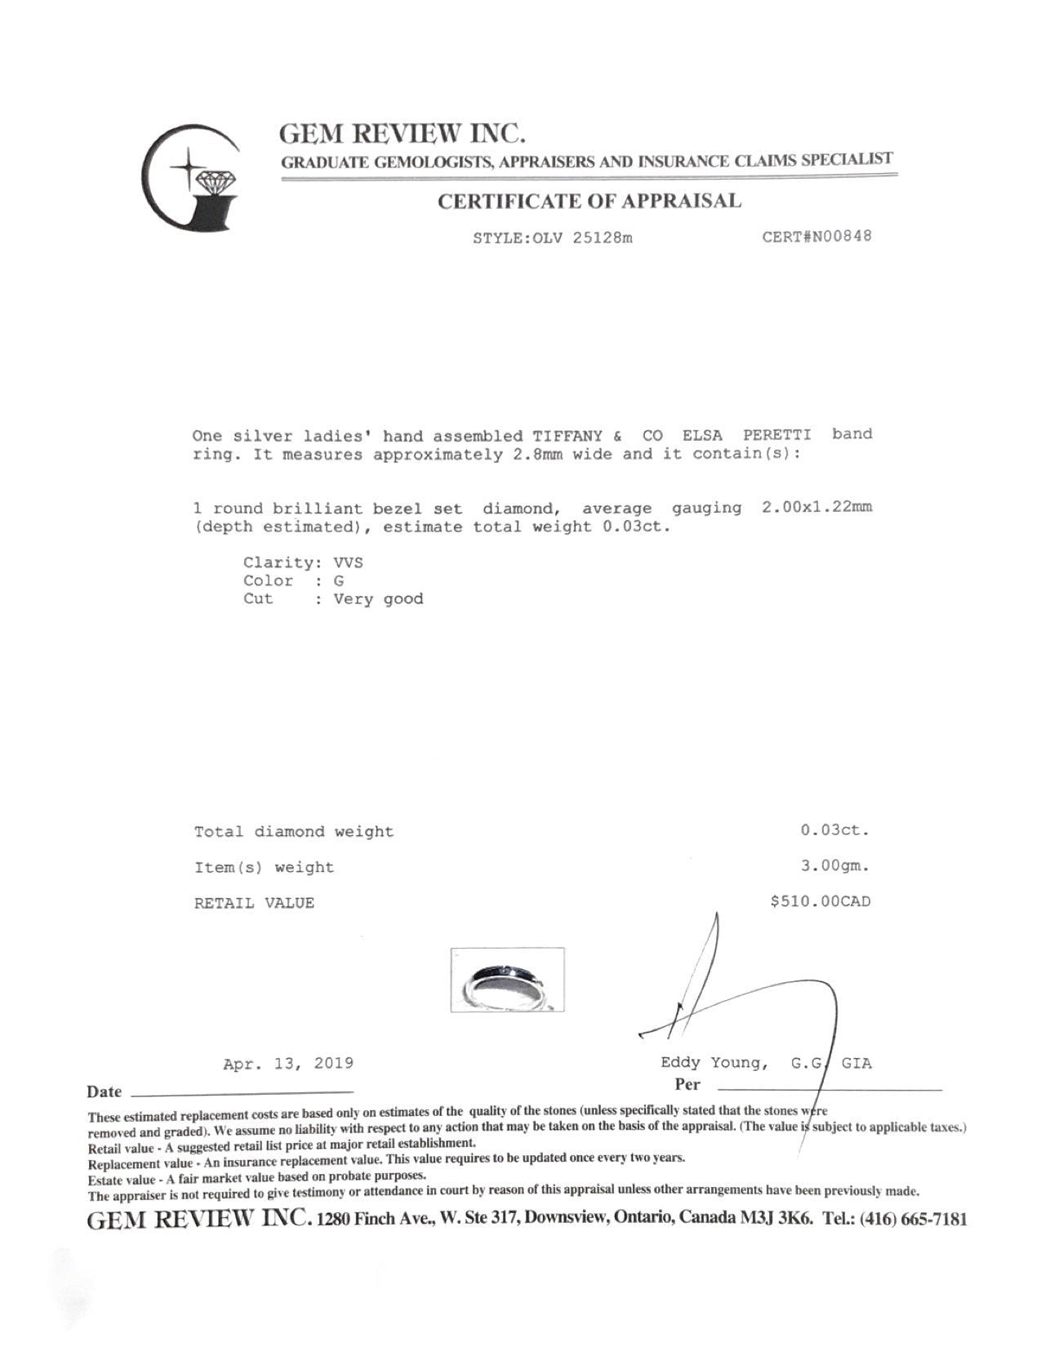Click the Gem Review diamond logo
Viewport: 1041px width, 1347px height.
pos(193,177)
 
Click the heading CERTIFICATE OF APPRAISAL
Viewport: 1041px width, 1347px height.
pos(589,201)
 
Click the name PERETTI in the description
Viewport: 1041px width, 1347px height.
pos(776,434)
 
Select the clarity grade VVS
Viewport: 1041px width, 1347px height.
pos(348,562)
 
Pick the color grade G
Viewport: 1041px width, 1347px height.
pos(339,580)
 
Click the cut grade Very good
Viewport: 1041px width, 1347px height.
pos(379,599)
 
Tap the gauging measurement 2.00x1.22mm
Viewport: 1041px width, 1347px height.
pos(816,508)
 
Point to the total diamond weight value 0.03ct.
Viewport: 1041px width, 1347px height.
pos(834,831)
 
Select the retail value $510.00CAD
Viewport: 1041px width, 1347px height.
pos(821,902)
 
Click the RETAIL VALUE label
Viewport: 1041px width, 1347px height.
pos(254,903)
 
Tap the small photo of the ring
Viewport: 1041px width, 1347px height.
pos(507,980)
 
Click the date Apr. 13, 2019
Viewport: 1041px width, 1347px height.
pos(288,1064)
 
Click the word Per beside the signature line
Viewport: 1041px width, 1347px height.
pos(687,1085)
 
